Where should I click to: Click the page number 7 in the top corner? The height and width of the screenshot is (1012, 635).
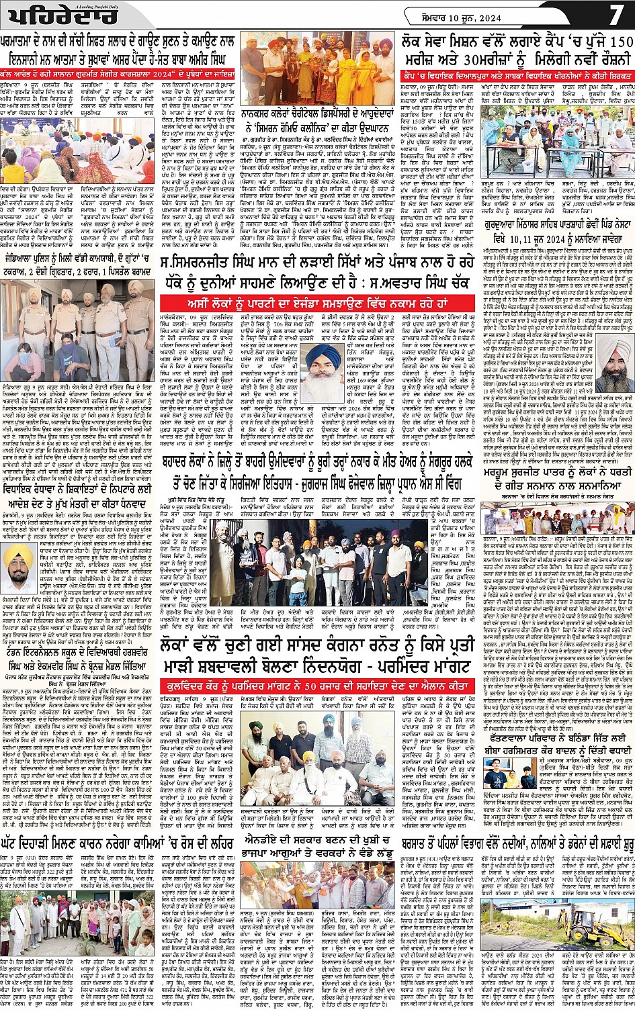[616, 14]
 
